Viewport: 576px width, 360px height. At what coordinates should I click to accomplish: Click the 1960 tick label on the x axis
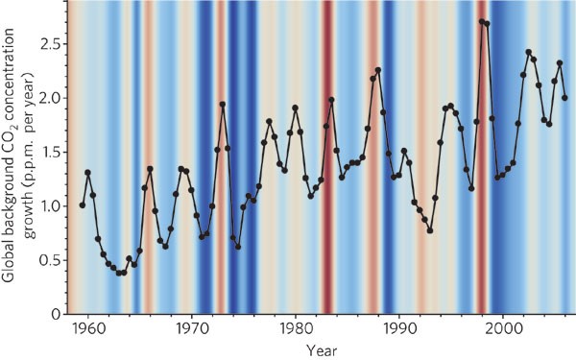pyautogui.click(x=87, y=327)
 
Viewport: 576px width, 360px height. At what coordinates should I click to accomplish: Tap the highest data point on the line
pyautogui.click(x=481, y=21)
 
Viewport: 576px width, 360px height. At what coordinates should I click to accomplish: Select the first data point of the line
pyautogui.click(x=83, y=204)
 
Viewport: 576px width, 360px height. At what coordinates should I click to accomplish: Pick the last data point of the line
pyautogui.click(x=564, y=97)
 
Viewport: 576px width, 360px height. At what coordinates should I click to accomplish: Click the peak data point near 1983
pyautogui.click(x=331, y=99)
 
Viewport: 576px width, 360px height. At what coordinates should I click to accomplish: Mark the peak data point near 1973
pyautogui.click(x=223, y=104)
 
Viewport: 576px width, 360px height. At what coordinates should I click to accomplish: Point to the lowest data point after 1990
pyautogui.click(x=430, y=230)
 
